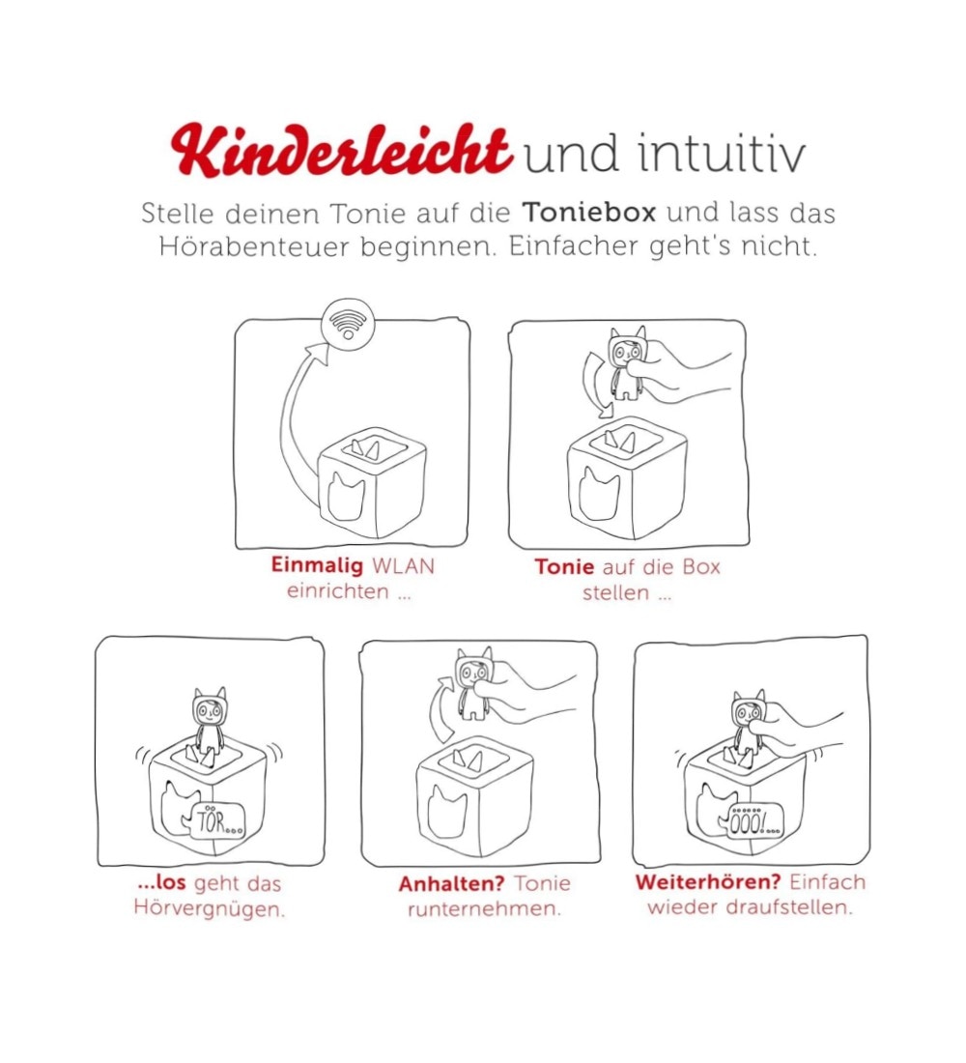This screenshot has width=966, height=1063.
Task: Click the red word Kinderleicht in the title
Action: click(341, 151)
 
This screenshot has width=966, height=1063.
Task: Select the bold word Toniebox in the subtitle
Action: click(589, 213)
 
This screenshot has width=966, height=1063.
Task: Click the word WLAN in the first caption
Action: click(404, 566)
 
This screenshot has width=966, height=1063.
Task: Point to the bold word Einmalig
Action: click(317, 566)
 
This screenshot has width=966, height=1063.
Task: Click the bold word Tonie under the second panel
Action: click(564, 566)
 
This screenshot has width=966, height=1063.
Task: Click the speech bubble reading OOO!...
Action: click(754, 822)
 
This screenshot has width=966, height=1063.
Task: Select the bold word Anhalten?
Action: click(451, 884)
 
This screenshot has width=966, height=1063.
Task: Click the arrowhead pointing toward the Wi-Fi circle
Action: click(317, 353)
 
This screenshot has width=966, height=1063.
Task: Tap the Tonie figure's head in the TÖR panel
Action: click(210, 707)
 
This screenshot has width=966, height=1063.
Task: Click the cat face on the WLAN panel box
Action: click(347, 497)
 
